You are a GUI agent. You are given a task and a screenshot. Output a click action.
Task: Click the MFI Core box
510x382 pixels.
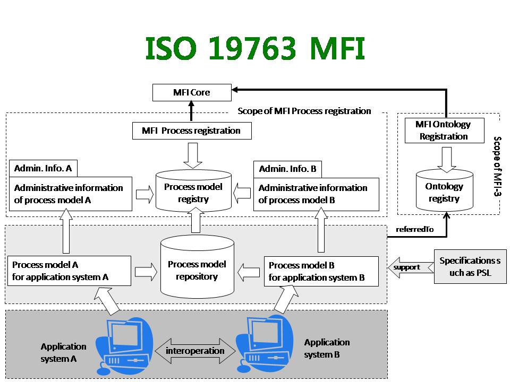[x=192, y=92]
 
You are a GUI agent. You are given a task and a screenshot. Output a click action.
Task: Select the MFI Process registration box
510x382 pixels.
[x=192, y=131]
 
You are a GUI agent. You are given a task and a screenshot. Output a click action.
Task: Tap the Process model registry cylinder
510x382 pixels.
[x=193, y=191]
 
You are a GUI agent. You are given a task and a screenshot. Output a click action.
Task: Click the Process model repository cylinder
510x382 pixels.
[x=198, y=267]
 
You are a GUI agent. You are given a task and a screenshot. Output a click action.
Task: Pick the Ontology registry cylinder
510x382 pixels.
[x=445, y=190]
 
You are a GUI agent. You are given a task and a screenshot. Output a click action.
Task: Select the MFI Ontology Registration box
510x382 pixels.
[x=444, y=131]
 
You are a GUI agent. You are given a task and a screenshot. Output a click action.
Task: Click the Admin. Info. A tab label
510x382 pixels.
[x=43, y=168]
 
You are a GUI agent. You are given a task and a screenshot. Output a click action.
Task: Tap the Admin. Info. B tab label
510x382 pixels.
[x=287, y=169]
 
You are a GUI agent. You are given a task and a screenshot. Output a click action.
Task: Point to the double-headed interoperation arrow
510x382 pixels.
[x=195, y=351]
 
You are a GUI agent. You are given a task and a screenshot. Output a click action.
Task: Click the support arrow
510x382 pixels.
[x=411, y=267]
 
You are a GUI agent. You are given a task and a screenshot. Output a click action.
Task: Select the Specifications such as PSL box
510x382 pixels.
[x=470, y=267]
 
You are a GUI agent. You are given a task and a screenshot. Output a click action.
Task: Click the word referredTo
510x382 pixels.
[x=415, y=229]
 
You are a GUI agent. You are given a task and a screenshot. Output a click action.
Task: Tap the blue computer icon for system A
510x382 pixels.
[x=124, y=346]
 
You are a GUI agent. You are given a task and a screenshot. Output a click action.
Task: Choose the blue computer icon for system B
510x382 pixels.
[x=265, y=344]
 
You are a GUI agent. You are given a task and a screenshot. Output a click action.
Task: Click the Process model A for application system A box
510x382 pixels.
[x=69, y=271]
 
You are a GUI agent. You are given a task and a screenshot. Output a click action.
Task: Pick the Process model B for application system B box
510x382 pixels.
[x=321, y=271]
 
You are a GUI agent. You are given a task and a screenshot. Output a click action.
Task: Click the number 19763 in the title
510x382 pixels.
[x=252, y=48]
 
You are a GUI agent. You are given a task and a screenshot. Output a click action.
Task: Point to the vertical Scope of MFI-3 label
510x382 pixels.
[x=497, y=166]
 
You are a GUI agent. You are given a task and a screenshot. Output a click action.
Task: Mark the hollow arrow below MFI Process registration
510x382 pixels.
[x=193, y=155]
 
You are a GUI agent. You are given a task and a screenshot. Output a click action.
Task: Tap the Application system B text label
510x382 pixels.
[x=327, y=348]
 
